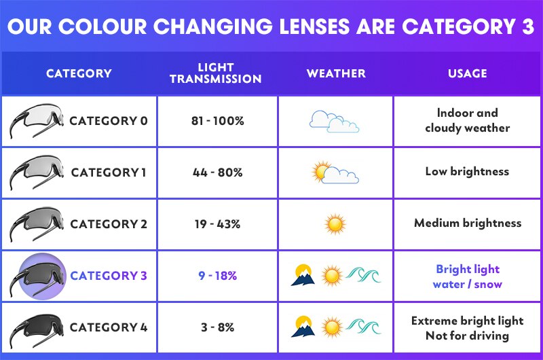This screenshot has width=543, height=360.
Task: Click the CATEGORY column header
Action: tap(79, 73)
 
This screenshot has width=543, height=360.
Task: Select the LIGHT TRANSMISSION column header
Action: tap(216, 73)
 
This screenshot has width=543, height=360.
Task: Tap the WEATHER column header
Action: tap(335, 73)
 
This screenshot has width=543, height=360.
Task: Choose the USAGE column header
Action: tap(467, 73)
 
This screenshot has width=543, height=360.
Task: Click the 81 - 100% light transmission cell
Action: tap(217, 121)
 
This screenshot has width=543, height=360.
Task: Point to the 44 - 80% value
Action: tap(217, 173)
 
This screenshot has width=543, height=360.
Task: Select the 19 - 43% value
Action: tap(217, 224)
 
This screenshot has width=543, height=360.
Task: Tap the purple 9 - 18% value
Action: tap(217, 276)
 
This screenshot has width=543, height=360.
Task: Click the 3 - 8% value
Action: tap(217, 327)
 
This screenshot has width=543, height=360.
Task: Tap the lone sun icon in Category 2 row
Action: tap(335, 223)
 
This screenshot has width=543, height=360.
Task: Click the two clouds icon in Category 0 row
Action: tap(334, 122)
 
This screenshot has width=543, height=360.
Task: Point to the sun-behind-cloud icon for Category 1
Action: tap(334, 173)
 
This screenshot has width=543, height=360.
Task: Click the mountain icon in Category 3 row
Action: tap(303, 275)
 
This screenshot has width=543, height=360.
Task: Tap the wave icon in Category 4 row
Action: tap(364, 327)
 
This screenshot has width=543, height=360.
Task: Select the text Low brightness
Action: tap(467, 171)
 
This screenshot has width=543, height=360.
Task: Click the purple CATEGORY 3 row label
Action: tap(109, 276)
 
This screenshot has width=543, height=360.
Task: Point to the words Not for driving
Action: tap(467, 336)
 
